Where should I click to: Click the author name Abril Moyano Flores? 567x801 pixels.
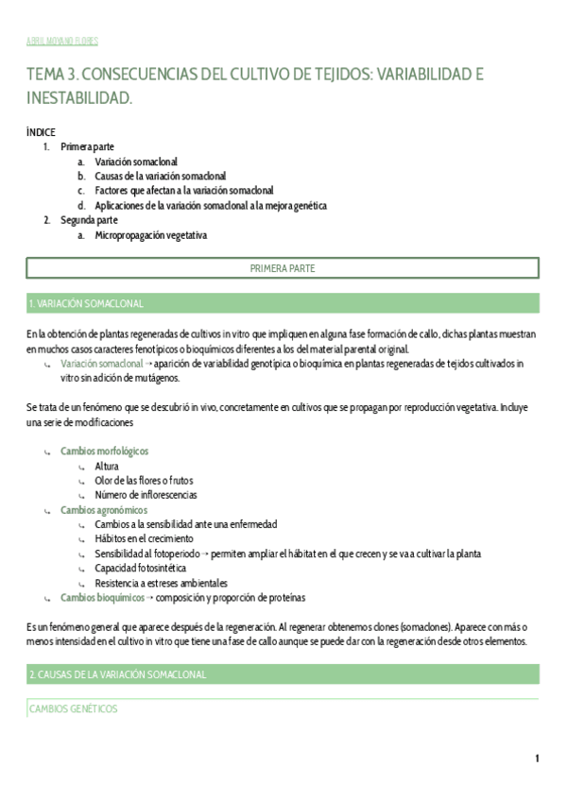click(x=61, y=42)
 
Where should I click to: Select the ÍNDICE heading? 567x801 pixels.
click(x=41, y=133)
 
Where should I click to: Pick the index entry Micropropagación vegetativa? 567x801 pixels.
click(x=150, y=235)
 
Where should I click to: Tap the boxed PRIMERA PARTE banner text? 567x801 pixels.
click(x=283, y=269)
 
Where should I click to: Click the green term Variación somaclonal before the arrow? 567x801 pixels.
click(x=101, y=363)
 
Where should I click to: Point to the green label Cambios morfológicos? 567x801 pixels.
click(x=104, y=452)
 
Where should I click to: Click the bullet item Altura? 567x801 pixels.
click(x=107, y=466)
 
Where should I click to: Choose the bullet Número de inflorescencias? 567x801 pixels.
click(x=146, y=495)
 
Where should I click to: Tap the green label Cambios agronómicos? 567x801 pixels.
click(x=104, y=510)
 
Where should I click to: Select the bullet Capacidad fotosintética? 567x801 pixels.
click(x=140, y=569)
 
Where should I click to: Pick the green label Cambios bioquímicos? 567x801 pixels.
click(x=101, y=598)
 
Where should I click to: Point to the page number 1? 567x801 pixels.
click(x=537, y=759)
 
